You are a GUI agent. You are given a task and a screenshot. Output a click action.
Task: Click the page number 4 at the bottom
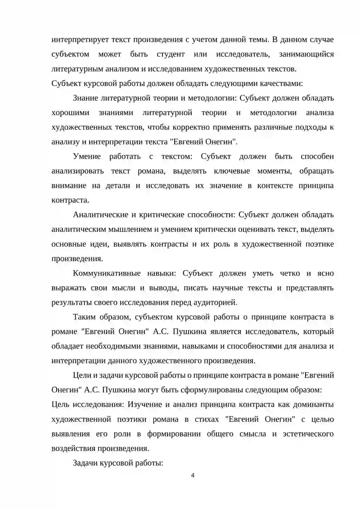[x=193, y=477]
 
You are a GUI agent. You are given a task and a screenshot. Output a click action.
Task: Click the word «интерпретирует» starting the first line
[x=79, y=40]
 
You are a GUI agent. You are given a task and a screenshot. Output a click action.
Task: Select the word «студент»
[x=171, y=54]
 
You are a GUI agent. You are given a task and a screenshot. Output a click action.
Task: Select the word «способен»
[x=315, y=156]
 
